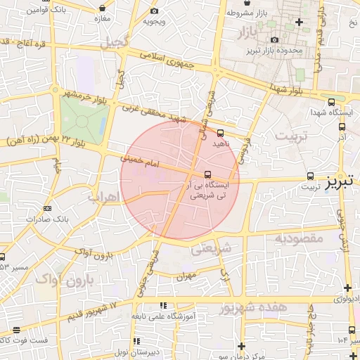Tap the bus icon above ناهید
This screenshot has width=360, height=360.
click(221, 132)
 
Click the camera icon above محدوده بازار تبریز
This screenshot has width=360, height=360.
click(275, 39)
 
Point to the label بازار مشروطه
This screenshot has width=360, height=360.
click(244, 13)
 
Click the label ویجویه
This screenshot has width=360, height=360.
click(154, 20)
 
